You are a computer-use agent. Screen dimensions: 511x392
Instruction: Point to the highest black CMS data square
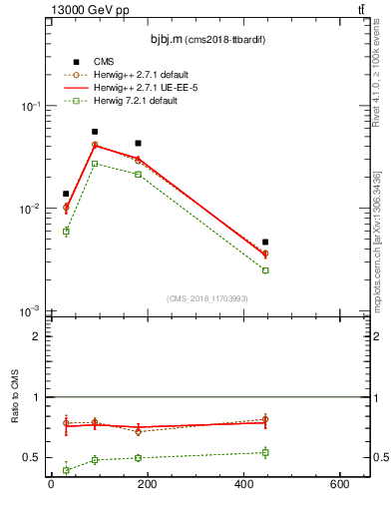[95, 132]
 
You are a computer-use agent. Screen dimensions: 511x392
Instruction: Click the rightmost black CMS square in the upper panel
[265, 242]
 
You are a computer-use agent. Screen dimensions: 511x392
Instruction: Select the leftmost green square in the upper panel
[66, 232]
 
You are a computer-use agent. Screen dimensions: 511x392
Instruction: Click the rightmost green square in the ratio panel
[265, 452]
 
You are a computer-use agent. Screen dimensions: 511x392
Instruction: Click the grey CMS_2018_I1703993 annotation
[206, 298]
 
